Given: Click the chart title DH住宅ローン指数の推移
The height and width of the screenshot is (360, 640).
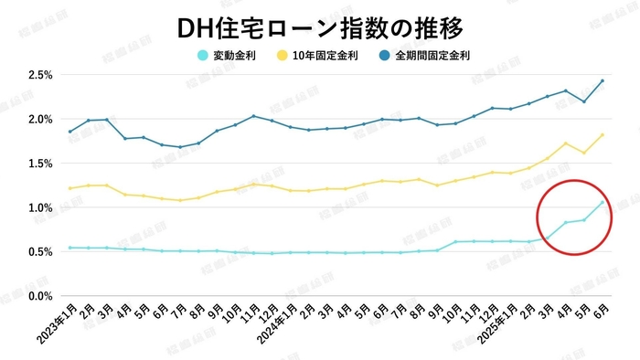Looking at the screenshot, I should click(x=320, y=26).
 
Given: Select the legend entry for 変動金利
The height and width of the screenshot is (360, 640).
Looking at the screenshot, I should click(x=228, y=56).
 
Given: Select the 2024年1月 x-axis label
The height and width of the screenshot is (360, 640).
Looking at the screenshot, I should click(x=277, y=325).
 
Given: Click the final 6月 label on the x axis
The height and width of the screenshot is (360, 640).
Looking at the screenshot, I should click(x=602, y=312).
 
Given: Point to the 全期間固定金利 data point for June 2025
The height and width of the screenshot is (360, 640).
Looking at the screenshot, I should click(x=603, y=80).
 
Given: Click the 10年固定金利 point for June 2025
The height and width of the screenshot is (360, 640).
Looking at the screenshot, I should click(x=603, y=135).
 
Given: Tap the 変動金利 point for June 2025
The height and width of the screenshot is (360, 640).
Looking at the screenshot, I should click(x=603, y=201).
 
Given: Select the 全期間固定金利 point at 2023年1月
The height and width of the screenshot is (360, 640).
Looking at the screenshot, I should click(x=69, y=132).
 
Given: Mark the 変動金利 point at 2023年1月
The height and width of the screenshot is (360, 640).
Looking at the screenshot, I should click(x=69, y=248).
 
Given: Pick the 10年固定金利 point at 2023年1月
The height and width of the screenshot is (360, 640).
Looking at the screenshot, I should click(x=69, y=188).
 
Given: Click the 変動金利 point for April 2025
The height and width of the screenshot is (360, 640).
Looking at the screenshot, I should click(x=566, y=222).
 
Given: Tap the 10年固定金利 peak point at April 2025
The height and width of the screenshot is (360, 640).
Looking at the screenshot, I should click(x=566, y=143).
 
